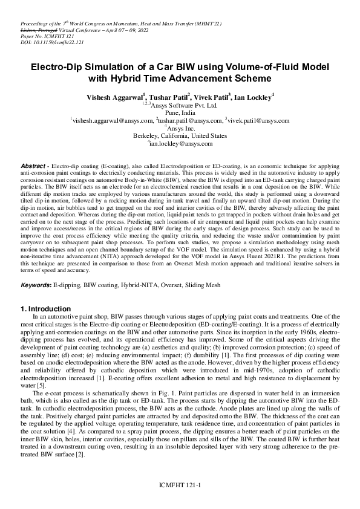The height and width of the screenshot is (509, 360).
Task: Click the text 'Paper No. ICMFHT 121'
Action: (40, 37)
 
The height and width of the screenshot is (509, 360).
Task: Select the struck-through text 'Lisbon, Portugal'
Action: (30, 30)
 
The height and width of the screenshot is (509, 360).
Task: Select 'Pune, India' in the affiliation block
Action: (180, 113)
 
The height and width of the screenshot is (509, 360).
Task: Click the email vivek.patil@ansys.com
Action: (258, 121)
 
